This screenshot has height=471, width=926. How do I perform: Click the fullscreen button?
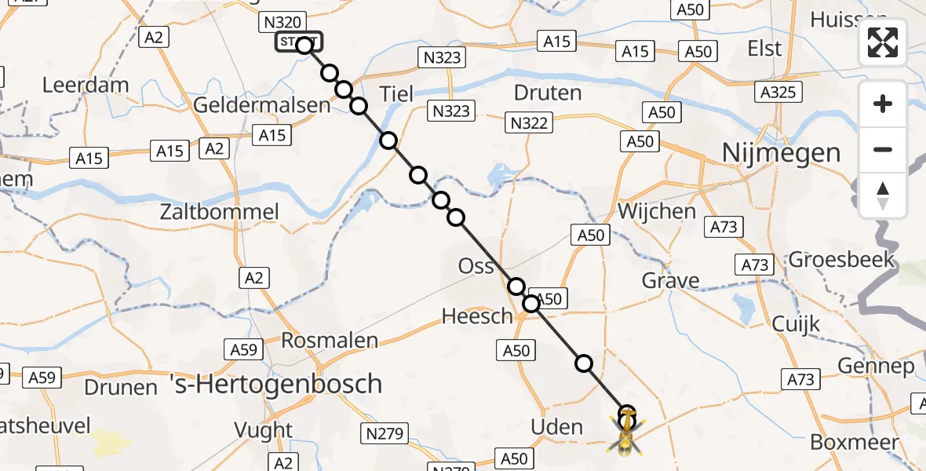tap(883, 42)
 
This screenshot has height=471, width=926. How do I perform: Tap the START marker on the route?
tap(297, 42)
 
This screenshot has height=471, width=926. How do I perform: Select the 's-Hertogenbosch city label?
tap(276, 385)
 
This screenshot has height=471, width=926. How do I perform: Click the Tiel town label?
tap(396, 93)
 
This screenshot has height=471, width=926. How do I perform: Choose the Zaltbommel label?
tap(219, 212)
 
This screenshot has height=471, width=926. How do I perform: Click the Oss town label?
tap(476, 266)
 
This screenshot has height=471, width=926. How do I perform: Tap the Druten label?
tap(548, 93)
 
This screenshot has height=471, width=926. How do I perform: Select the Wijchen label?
tap(657, 211)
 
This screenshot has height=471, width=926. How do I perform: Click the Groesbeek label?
tap(842, 259)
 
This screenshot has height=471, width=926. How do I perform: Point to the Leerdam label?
tap(86, 85)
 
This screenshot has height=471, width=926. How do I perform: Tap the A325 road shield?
tap(778, 93)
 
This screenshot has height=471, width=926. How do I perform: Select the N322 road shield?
tap(529, 122)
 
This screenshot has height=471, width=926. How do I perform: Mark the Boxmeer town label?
tap(854, 442)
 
